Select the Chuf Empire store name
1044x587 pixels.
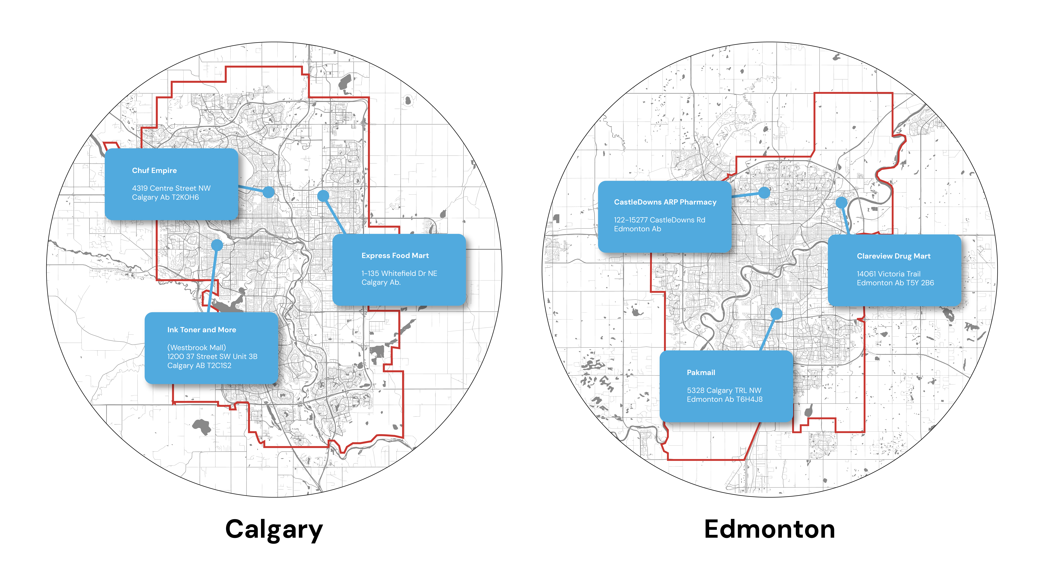[x=154, y=170]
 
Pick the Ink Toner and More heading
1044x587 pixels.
[x=201, y=330]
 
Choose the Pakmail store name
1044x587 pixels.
[x=701, y=373]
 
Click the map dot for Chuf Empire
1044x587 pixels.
[x=268, y=192]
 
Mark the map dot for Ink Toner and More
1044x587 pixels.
[x=217, y=245]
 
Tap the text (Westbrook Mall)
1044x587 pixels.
[x=197, y=348]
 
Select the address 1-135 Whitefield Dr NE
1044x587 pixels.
[x=399, y=273]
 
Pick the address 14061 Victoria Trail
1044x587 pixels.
[x=888, y=274]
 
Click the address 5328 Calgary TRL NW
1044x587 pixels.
[x=724, y=391]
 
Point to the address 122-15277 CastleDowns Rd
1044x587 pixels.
[x=659, y=220]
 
